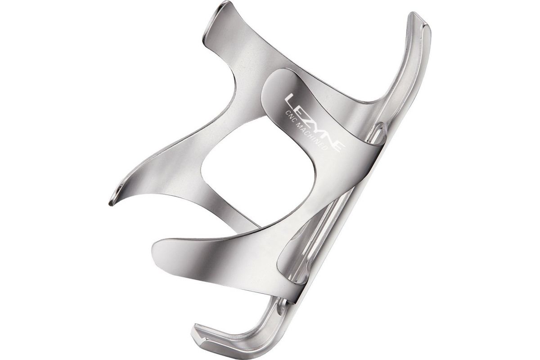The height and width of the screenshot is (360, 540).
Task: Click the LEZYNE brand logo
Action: click(x=315, y=123)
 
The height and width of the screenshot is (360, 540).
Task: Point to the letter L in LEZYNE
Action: click(x=291, y=100)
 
